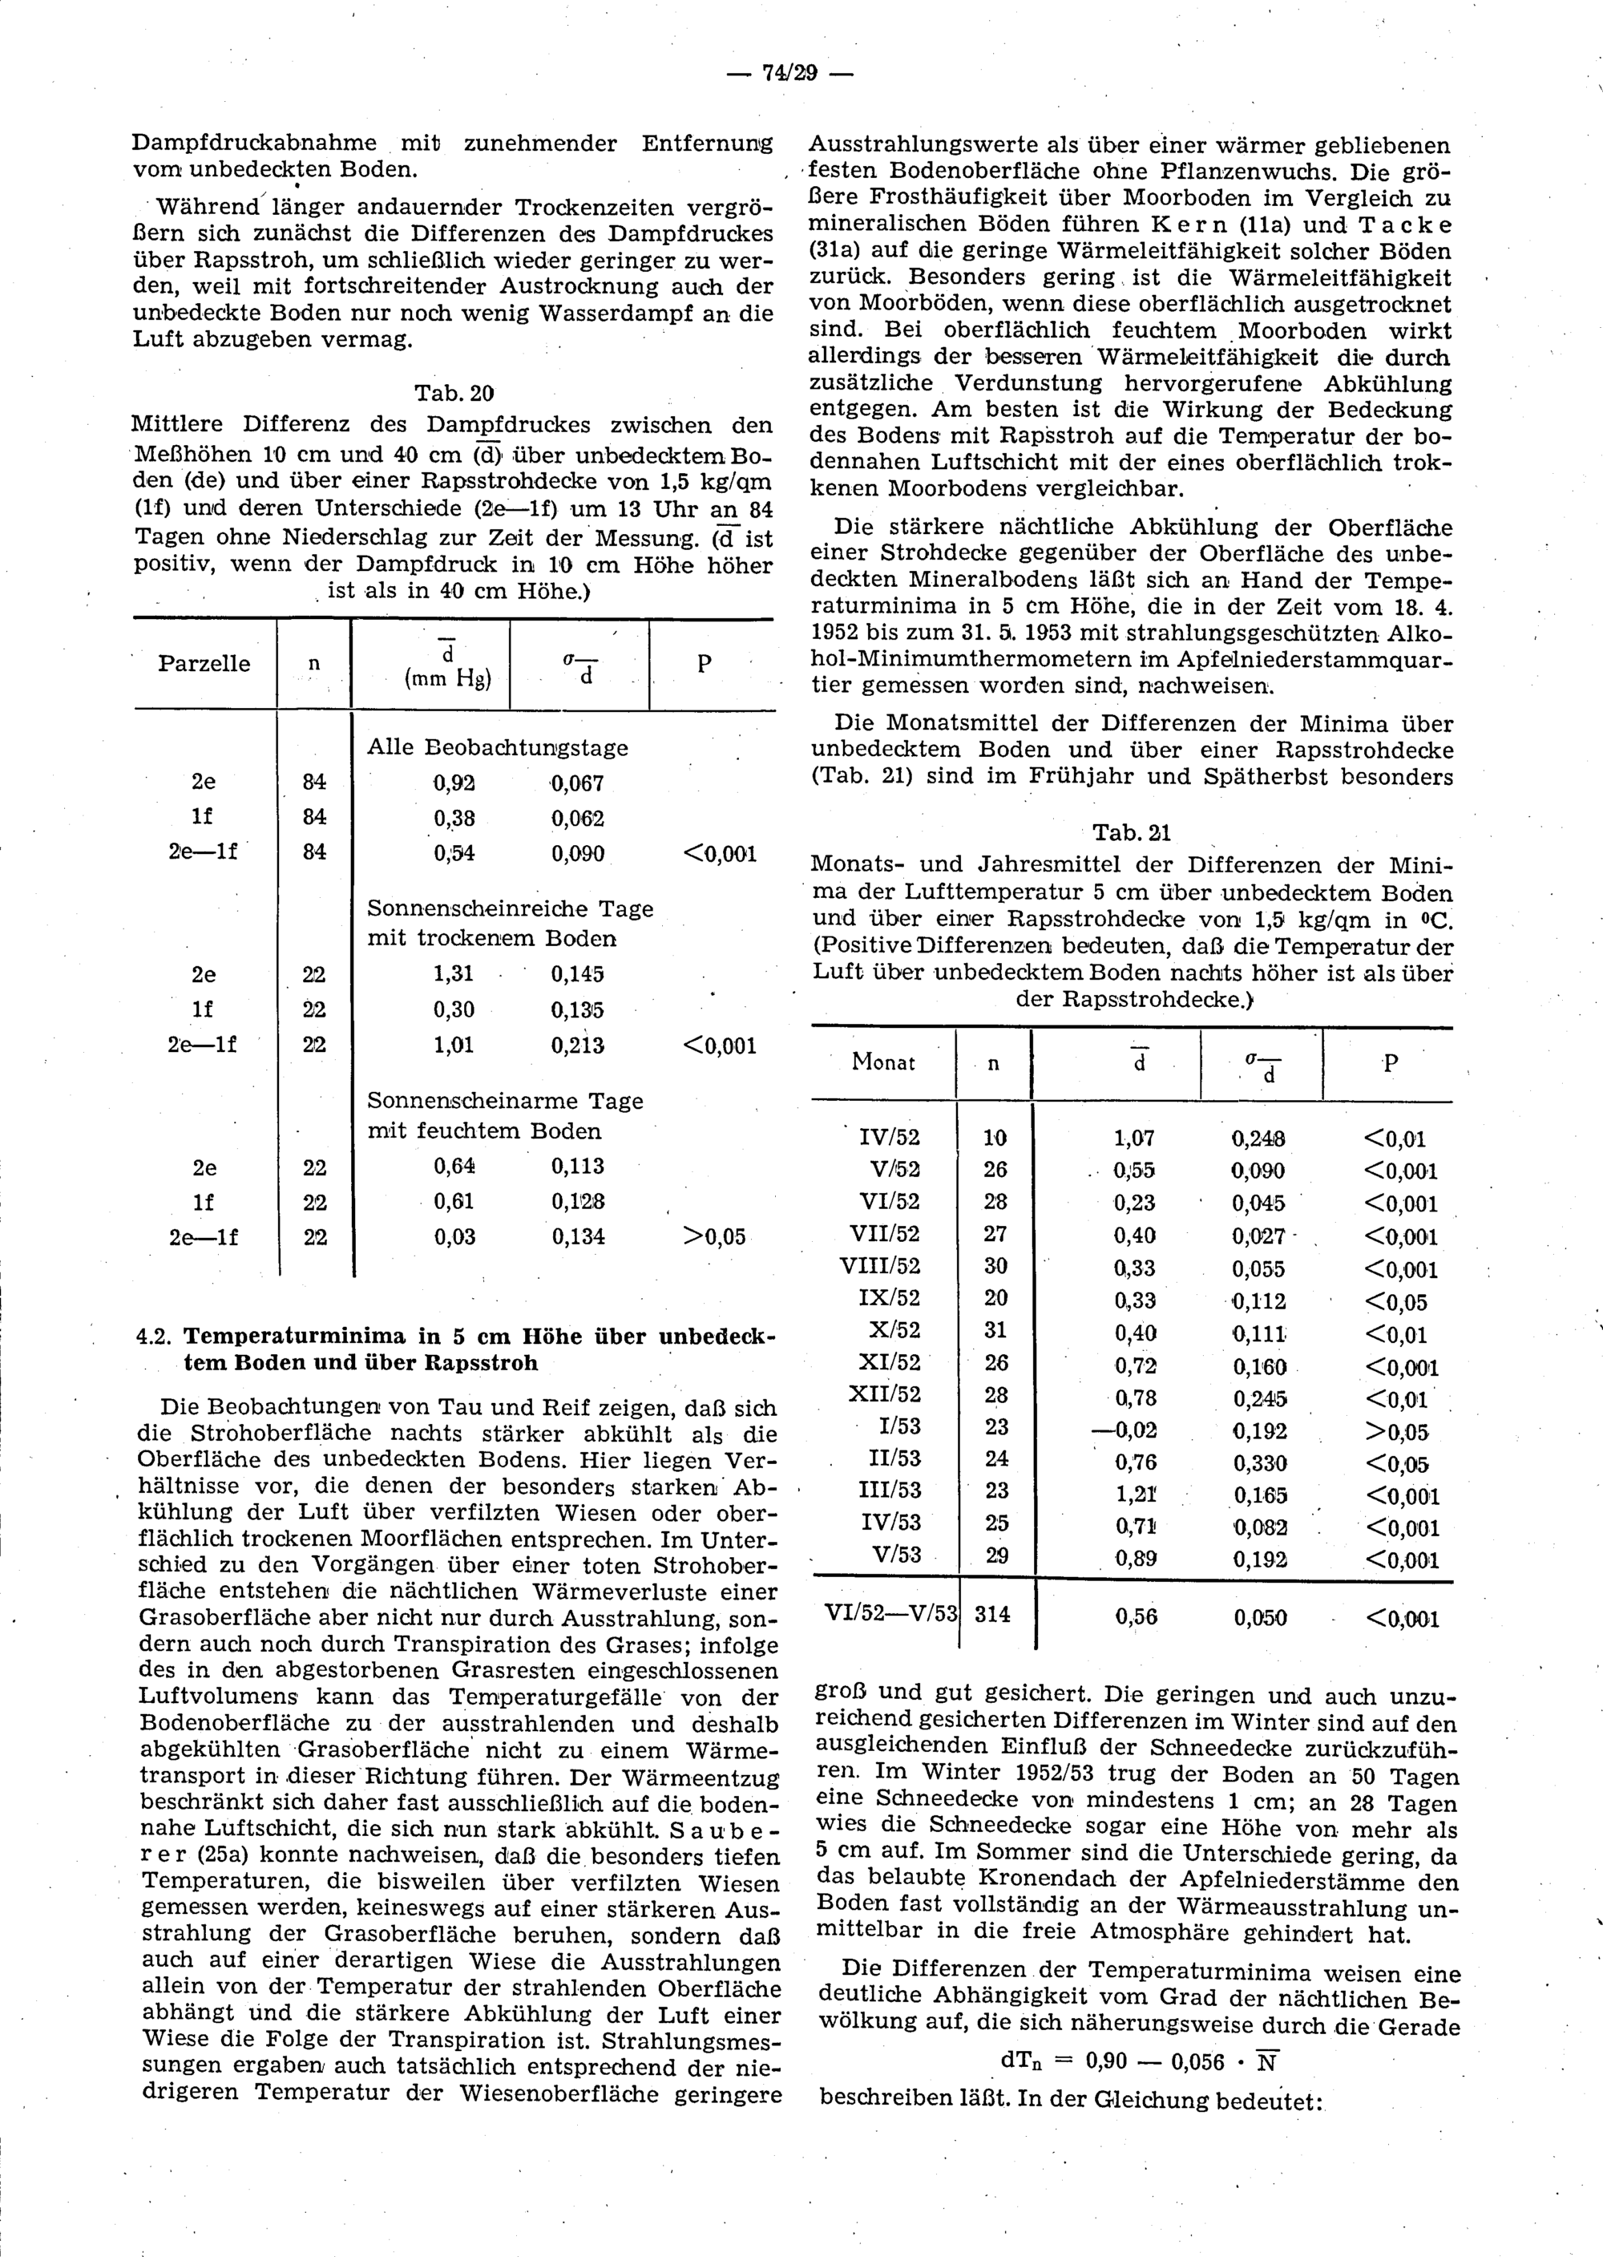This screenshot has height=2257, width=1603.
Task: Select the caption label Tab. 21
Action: pyautogui.click(x=1131, y=833)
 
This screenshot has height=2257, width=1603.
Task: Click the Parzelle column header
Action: pyautogui.click(x=204, y=664)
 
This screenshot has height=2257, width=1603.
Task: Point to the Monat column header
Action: pyautogui.click(x=883, y=1063)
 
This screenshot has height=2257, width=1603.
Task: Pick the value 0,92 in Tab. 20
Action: pyautogui.click(x=454, y=783)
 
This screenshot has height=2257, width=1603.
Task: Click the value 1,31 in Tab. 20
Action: pyautogui.click(x=454, y=974)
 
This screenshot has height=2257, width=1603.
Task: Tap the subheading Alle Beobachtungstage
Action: pyautogui.click(x=498, y=747)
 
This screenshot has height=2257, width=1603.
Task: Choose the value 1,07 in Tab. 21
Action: pyautogui.click(x=1134, y=1139)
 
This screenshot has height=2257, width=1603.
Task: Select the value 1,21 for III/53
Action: pyautogui.click(x=1135, y=1495)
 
